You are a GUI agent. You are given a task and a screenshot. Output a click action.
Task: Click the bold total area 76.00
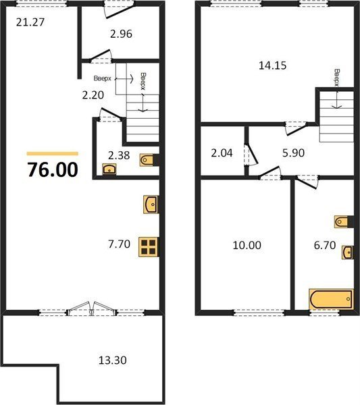tap(53, 169)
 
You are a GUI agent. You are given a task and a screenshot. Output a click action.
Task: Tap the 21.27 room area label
tap(30, 22)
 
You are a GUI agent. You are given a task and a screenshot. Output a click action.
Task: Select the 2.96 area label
tap(121, 34)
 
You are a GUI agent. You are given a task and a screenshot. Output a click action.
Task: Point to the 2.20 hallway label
tap(93, 95)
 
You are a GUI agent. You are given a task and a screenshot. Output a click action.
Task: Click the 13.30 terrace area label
tap(113, 360)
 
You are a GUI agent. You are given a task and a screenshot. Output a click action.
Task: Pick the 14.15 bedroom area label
tap(273, 65)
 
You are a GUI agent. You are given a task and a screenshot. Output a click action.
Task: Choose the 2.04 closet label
tap(222, 153)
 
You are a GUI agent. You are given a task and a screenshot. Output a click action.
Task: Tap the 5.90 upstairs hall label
tap(293, 153)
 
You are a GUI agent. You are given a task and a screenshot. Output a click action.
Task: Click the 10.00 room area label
tap(247, 245)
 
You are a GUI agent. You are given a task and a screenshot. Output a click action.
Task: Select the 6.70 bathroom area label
tap(325, 245)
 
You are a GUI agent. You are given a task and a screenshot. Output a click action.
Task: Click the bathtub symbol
tap(331, 299)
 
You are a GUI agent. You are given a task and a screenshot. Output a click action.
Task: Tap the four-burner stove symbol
tap(149, 247)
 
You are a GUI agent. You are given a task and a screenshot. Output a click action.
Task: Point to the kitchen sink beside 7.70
tap(151, 205)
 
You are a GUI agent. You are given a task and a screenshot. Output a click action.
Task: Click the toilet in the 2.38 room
tap(147, 160)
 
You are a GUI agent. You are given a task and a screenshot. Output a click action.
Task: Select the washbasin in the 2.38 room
tap(109, 169)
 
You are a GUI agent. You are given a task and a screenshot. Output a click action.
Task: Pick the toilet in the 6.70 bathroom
tap(341, 221)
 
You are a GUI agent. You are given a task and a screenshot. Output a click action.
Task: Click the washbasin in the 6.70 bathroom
tap(348, 252)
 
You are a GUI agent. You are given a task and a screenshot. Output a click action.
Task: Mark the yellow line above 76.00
tap(53, 154)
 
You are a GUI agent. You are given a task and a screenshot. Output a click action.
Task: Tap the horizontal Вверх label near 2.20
tap(103, 78)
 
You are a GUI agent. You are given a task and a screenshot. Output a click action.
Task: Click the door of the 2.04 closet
tap(251, 154)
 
